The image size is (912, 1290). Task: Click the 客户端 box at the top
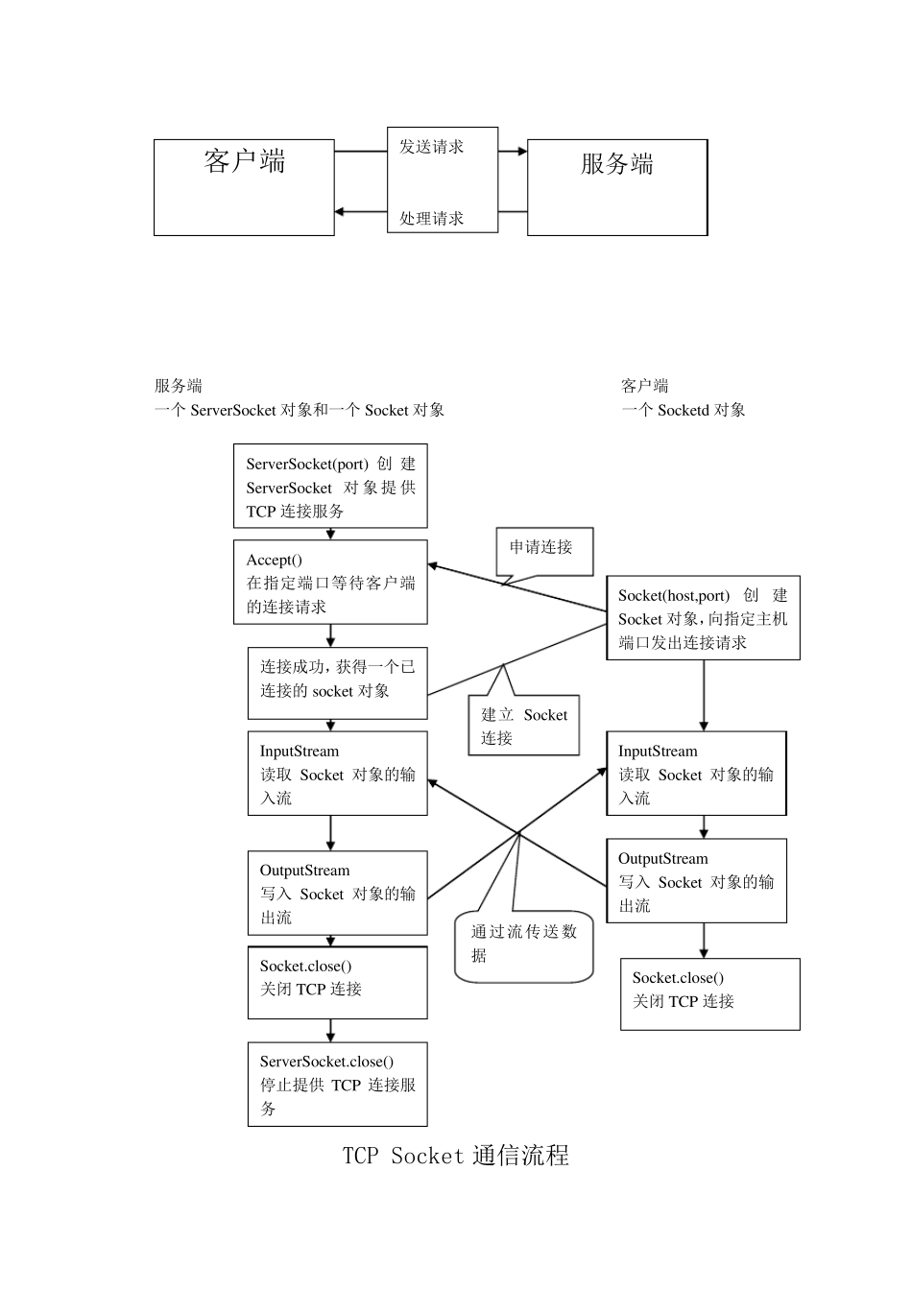point(244,187)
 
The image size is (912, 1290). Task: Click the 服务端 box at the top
point(616,187)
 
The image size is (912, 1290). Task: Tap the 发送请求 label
point(432,147)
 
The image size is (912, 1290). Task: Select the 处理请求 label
point(432,219)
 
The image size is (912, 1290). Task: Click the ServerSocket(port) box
point(330,486)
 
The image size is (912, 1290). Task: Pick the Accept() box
point(330,583)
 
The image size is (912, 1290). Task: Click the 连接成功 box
point(337,682)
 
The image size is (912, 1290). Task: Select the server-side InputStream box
point(337,774)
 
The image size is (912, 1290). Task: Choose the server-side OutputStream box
point(337,893)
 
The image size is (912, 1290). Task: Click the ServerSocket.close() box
point(337,1084)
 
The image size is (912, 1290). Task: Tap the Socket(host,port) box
point(703,618)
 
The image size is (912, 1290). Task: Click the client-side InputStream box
point(696,774)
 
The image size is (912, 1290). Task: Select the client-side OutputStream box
point(696,881)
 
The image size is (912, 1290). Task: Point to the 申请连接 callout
point(543,550)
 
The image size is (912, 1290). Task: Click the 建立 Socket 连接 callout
point(524,726)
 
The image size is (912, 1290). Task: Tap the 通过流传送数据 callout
point(524,945)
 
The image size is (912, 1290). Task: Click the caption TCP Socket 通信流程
point(456,1156)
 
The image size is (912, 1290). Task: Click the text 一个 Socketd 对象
point(683,410)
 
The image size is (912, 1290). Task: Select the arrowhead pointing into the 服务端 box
point(521,152)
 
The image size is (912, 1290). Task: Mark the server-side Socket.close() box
point(337,983)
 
